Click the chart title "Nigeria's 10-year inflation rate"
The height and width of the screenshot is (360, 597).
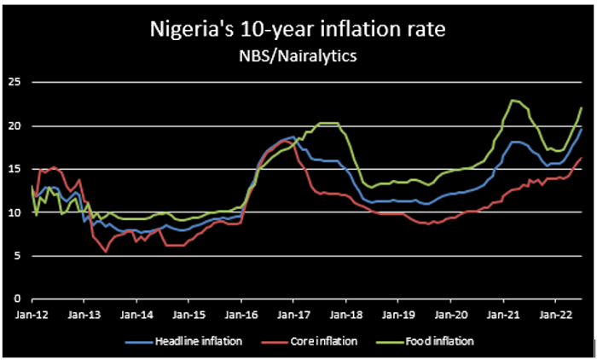point(298,32)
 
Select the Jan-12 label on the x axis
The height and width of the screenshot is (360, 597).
point(32,314)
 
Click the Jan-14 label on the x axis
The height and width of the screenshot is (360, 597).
point(136,314)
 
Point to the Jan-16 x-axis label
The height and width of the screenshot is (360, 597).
point(241,314)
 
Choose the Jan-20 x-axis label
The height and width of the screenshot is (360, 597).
point(450,314)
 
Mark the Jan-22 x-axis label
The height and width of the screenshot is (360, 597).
point(555,314)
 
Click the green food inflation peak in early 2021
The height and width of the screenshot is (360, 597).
point(511,101)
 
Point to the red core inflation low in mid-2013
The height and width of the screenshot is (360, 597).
point(106,252)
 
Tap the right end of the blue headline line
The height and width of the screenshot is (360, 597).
point(582,129)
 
